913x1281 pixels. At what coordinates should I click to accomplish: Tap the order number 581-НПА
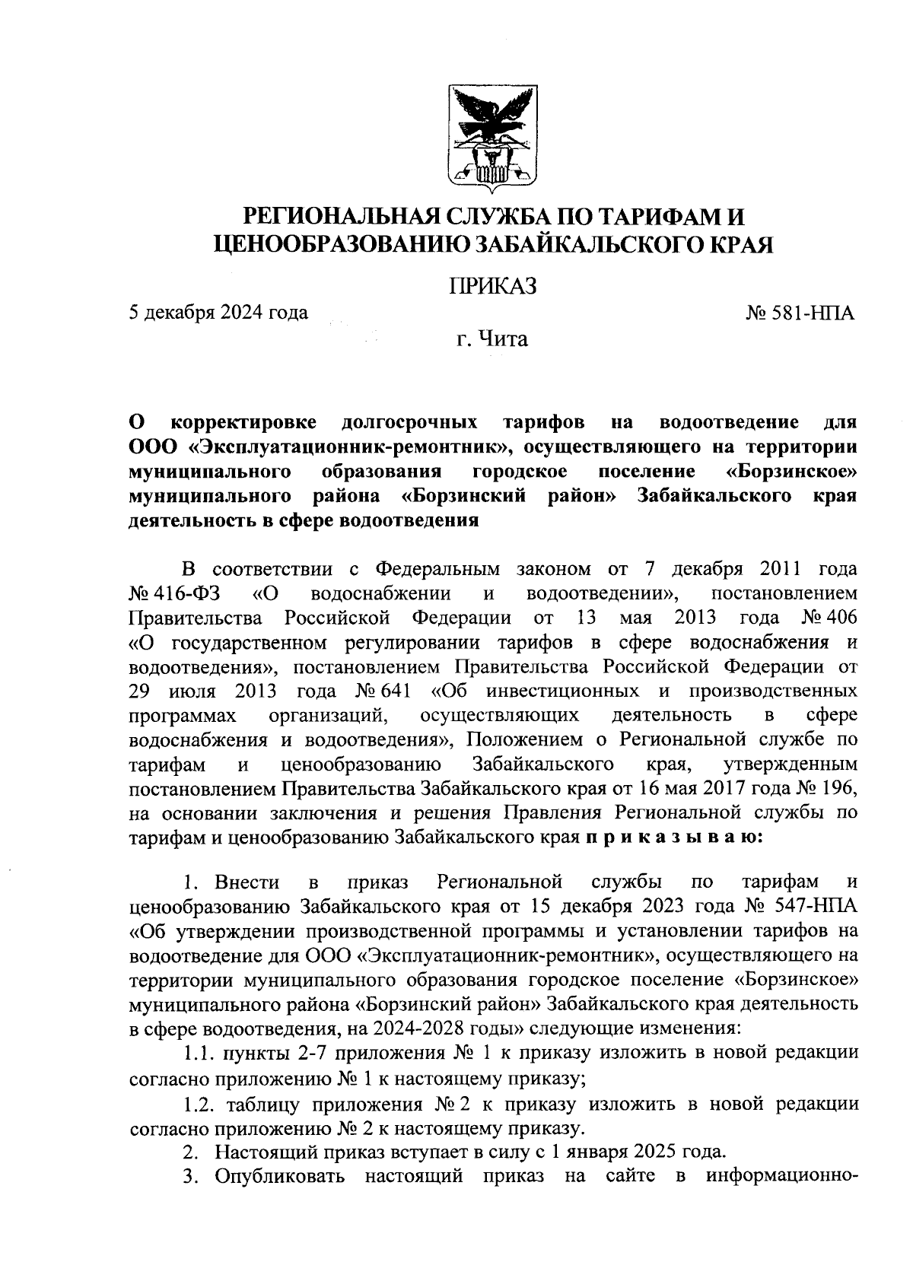(810, 313)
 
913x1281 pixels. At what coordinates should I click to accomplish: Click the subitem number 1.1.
(198, 1054)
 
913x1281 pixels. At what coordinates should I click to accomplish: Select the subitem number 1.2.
(198, 1104)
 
